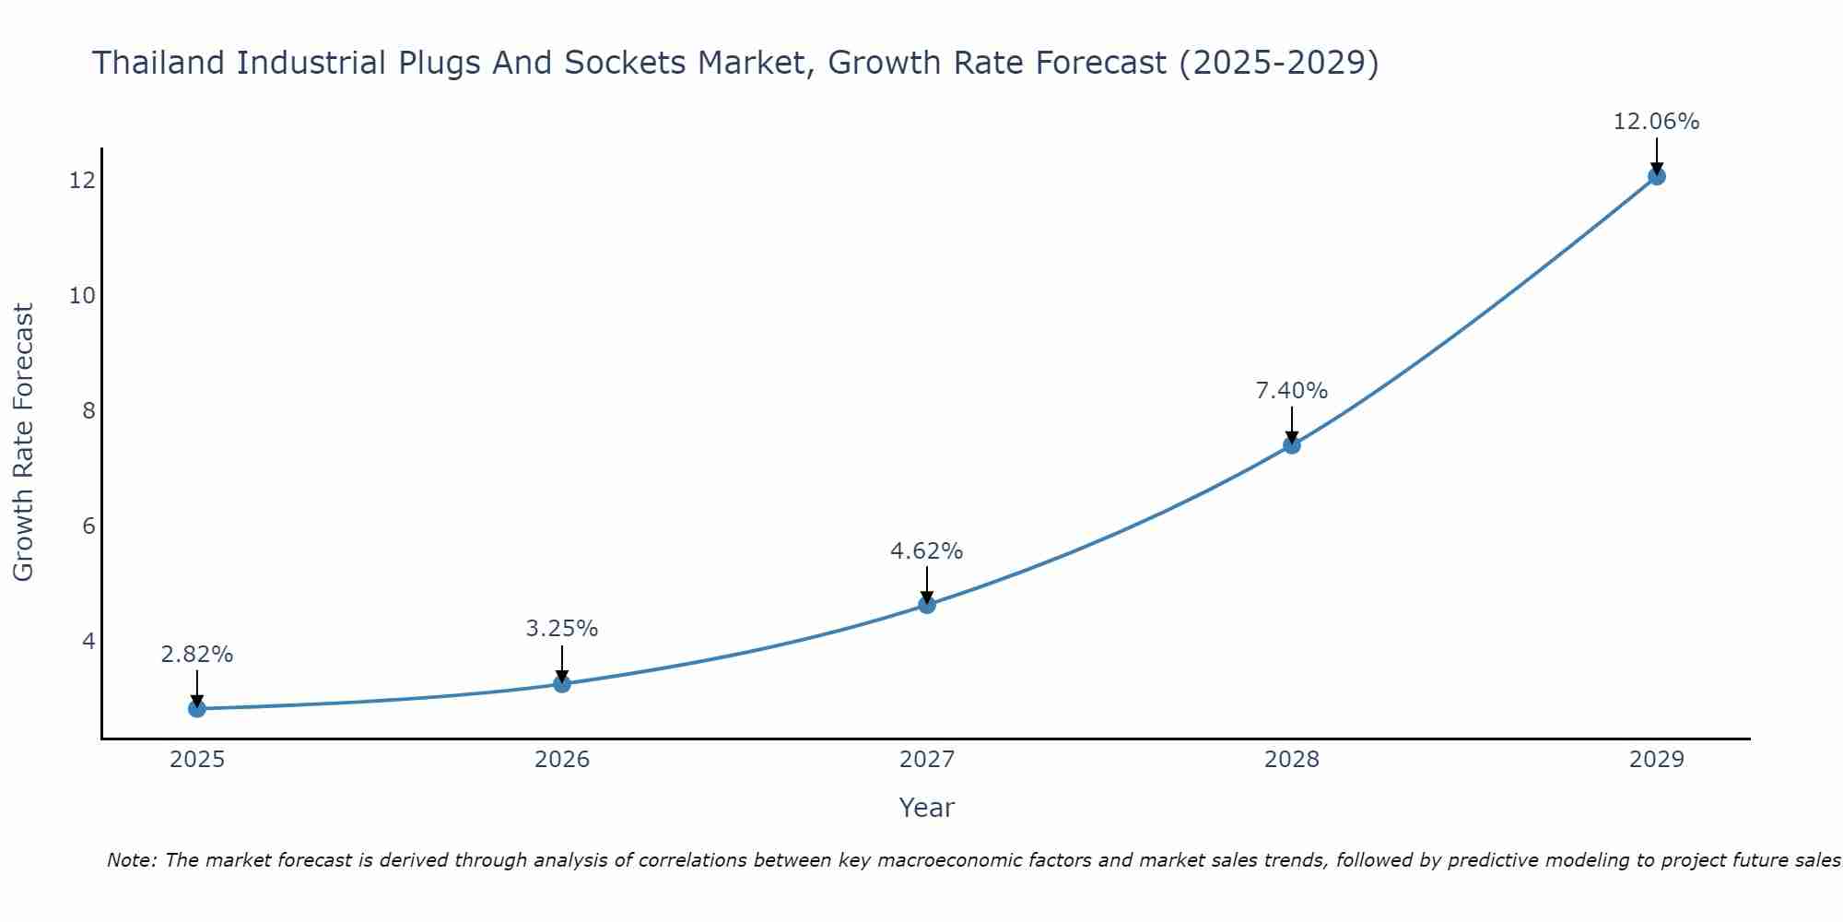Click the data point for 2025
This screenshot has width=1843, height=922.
coord(197,708)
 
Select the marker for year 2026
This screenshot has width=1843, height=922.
coord(562,683)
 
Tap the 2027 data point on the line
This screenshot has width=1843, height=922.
coord(927,605)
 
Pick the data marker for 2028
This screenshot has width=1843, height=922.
coord(1292,445)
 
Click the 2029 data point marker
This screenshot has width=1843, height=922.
coord(1657,176)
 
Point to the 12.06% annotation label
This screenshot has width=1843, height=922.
coord(1656,122)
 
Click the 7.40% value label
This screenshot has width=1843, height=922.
coord(1291,391)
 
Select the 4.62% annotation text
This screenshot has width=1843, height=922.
coord(926,551)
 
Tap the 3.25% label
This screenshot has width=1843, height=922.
coord(561,629)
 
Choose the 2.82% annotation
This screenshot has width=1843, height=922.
coord(196,655)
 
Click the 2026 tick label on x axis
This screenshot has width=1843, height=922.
coord(562,760)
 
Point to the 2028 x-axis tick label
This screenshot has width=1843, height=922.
coord(1292,760)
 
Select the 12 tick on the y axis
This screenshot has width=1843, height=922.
coord(82,181)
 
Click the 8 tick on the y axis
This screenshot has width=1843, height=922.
coord(88,410)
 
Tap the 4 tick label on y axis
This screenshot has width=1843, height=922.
coord(88,641)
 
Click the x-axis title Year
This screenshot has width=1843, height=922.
coord(926,808)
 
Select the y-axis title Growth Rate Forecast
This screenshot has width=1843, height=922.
coord(23,443)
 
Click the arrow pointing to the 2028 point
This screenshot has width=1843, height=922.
coord(1292,426)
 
